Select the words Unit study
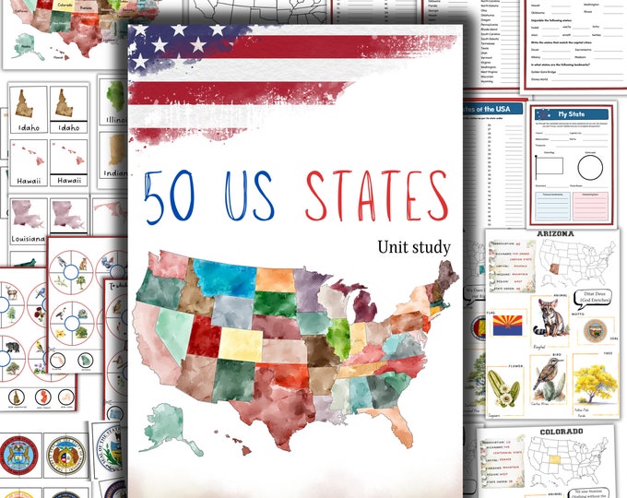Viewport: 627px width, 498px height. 413,246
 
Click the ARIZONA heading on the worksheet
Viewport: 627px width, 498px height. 551,234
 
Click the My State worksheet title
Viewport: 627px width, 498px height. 573,114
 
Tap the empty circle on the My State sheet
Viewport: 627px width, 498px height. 590,167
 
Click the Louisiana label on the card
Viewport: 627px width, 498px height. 28,239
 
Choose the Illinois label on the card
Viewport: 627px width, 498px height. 116,119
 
